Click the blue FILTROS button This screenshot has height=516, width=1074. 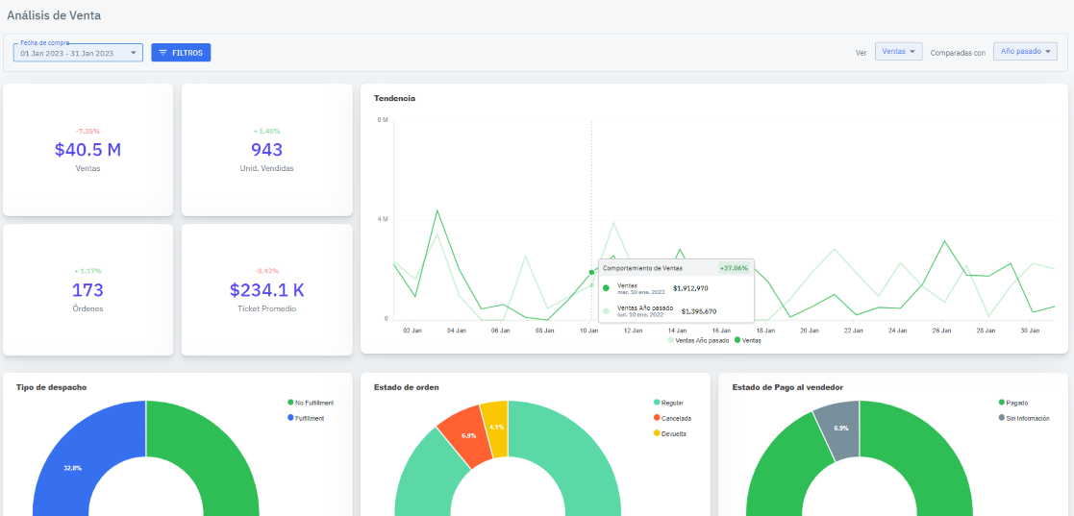[181, 53]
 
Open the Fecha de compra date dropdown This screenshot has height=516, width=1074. [78, 53]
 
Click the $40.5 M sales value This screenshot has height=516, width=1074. [87, 150]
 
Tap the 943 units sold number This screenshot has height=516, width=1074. [266, 150]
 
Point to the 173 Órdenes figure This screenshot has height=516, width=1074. [87, 290]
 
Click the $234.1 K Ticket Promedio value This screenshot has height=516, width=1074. [266, 290]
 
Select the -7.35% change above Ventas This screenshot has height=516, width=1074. [87, 131]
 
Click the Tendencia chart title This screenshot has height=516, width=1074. [394, 98]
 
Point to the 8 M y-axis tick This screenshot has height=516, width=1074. [383, 120]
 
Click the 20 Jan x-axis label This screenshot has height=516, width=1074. [810, 330]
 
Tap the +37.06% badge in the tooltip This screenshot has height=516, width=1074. [734, 269]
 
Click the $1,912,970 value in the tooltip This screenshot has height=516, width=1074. [690, 287]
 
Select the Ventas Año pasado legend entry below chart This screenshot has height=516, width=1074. [699, 340]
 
